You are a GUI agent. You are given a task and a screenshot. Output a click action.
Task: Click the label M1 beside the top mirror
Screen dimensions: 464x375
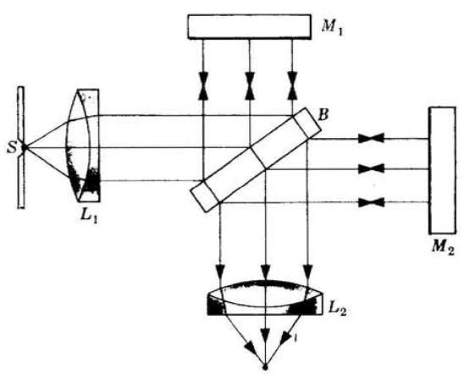(332, 28)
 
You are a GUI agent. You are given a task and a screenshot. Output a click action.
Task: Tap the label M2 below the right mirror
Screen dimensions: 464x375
(443, 246)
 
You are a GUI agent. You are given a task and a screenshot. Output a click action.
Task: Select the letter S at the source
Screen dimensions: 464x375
(12, 147)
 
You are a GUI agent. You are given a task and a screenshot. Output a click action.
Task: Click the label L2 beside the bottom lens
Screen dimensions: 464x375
(337, 309)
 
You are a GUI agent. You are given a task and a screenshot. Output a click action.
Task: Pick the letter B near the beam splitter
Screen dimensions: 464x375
(323, 115)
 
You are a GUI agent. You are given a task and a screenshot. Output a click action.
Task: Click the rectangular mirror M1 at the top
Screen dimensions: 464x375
(249, 26)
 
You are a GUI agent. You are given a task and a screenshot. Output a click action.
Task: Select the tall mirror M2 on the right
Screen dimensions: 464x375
(442, 171)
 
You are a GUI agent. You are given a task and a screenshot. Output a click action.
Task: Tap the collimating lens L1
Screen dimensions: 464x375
(83, 146)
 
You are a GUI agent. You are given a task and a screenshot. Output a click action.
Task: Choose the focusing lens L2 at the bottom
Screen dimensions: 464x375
(265, 298)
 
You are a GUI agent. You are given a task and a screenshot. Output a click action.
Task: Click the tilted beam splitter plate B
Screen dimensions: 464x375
(256, 160)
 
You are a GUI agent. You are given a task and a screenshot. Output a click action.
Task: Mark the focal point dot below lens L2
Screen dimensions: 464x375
(265, 367)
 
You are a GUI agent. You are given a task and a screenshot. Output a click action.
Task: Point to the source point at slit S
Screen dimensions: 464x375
(25, 146)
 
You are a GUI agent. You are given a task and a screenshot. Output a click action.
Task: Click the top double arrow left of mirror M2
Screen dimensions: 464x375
(371, 138)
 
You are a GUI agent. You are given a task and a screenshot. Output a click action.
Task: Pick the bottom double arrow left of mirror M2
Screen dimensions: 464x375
(371, 202)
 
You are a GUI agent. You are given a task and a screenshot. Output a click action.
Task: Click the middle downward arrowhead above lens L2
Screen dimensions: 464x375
(266, 271)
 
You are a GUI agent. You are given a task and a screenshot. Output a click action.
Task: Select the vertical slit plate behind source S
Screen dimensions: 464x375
(20, 147)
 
